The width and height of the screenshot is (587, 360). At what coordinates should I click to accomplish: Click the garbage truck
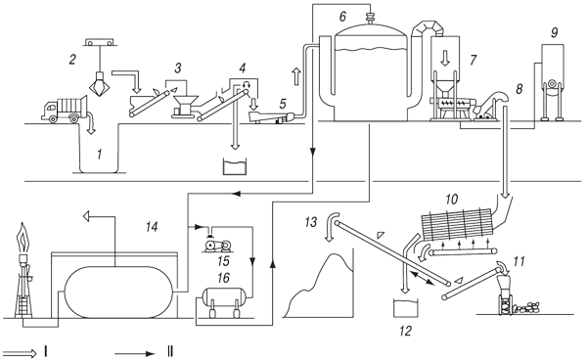pyautogui.click(x=65, y=109)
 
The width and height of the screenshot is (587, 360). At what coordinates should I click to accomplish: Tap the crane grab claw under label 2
pyautogui.click(x=99, y=84)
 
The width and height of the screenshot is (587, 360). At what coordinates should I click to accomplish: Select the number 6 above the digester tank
pyautogui.click(x=343, y=17)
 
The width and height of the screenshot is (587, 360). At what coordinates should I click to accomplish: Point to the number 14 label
pyautogui.click(x=152, y=227)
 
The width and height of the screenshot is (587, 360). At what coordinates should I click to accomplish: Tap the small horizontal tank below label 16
pyautogui.click(x=223, y=297)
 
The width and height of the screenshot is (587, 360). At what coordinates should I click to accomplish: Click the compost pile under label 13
pyautogui.click(x=319, y=289)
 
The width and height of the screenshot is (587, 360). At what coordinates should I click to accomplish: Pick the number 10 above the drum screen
pyautogui.click(x=452, y=200)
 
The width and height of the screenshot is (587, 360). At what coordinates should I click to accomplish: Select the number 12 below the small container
pyautogui.click(x=405, y=331)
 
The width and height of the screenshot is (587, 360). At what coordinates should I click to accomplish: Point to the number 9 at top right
pyautogui.click(x=554, y=32)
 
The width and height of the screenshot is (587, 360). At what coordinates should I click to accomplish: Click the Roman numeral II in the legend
pyautogui.click(x=169, y=352)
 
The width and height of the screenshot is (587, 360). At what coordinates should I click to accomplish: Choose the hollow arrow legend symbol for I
pyautogui.click(x=19, y=353)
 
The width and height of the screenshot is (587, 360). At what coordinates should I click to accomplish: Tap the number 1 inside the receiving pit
pyautogui.click(x=99, y=154)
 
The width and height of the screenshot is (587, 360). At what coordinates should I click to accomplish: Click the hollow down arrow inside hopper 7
pyautogui.click(x=445, y=58)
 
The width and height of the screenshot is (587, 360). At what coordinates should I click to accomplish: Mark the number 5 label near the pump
pyautogui.click(x=283, y=103)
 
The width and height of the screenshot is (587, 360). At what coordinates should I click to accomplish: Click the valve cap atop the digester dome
pyautogui.click(x=370, y=18)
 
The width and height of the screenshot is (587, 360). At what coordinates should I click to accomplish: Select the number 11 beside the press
pyautogui.click(x=519, y=261)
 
